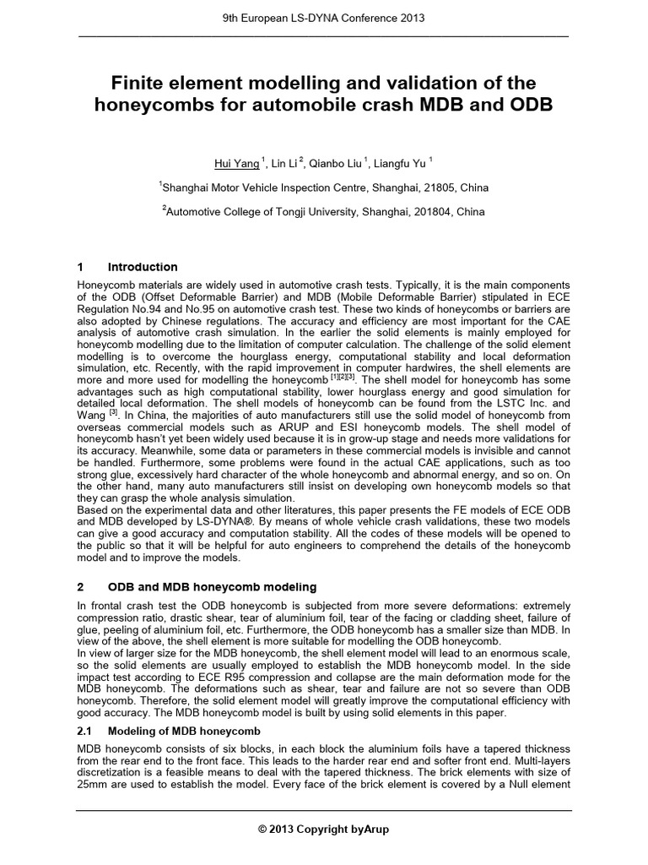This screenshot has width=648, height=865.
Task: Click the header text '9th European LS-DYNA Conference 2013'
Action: click(324, 17)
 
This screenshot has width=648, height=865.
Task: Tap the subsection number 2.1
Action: click(85, 730)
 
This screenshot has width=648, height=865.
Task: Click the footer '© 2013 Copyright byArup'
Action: click(324, 830)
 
